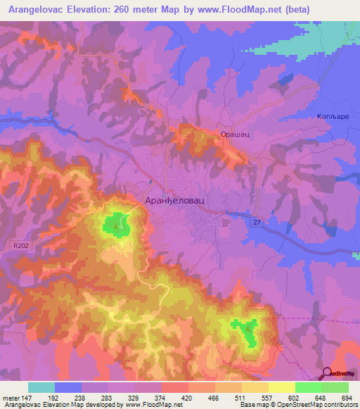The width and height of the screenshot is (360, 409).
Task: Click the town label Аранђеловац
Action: point(176,200)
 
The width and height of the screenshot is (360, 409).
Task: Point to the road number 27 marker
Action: point(257,222)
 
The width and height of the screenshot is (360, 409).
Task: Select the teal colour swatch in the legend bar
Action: point(41,387)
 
